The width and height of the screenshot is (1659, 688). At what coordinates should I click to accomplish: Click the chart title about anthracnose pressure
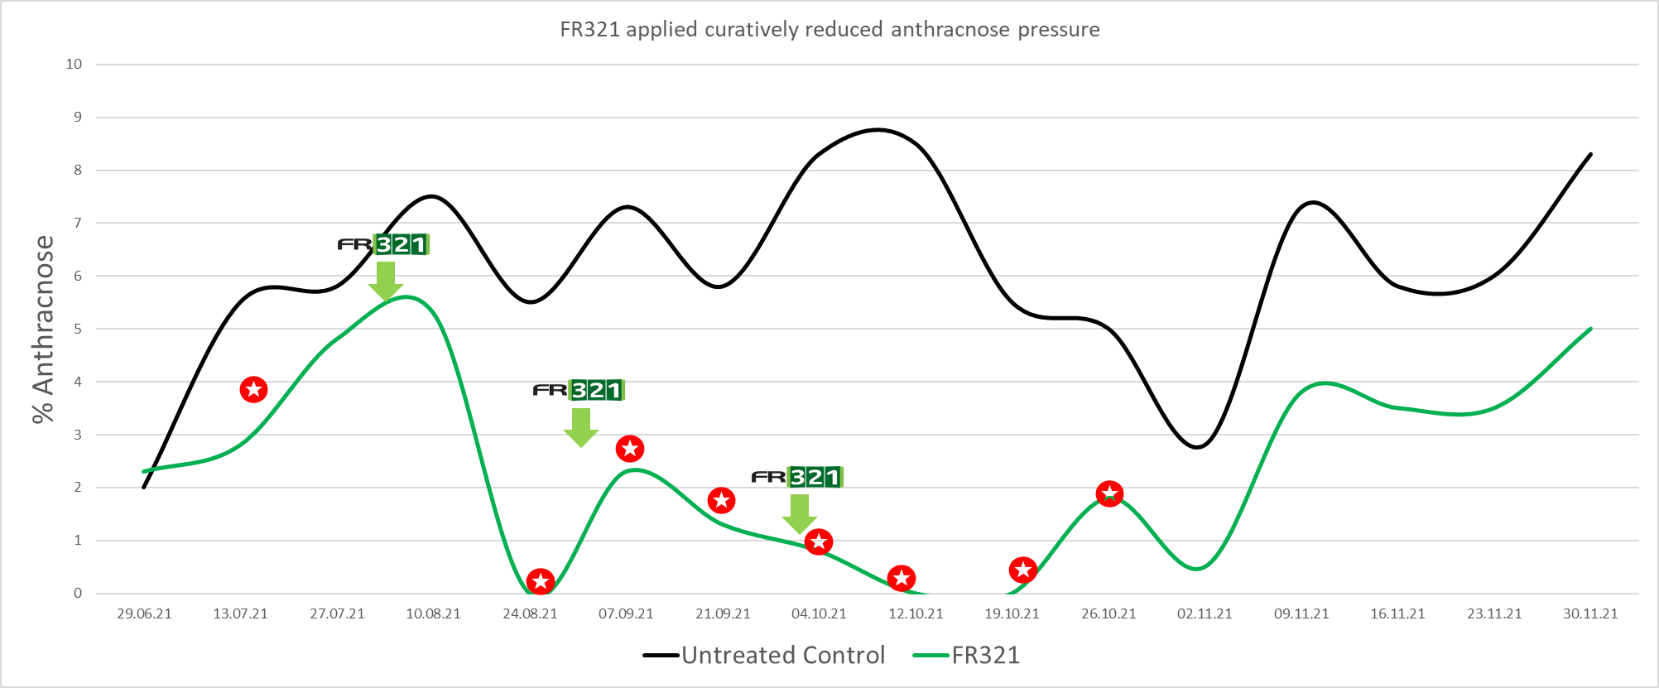coord(829,30)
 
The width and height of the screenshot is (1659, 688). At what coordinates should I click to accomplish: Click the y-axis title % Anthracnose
coord(43,329)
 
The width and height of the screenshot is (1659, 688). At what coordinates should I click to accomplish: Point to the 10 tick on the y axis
coord(75,65)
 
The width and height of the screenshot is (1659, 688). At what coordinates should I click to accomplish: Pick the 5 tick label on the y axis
coord(78,329)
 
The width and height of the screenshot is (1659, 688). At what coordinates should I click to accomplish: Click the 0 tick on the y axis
coord(78,593)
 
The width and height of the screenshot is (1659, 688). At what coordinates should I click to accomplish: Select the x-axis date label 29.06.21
coord(144,613)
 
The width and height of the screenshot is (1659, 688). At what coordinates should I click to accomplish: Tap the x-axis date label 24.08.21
coord(530,613)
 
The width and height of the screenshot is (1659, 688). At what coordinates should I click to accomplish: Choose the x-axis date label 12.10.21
coord(916,613)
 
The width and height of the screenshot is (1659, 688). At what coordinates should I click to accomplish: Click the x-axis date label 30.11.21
coord(1590,613)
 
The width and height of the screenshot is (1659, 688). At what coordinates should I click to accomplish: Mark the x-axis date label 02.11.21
coord(1205,613)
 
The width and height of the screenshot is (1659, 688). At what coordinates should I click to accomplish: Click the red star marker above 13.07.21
coord(253,389)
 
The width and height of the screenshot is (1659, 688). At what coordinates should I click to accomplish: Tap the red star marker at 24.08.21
coord(541,582)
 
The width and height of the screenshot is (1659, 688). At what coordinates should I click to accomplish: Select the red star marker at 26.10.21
coord(1109,494)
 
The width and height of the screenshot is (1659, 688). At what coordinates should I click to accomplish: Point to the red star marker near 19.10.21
coord(1023,570)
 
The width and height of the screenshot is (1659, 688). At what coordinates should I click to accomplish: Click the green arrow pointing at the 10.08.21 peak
coord(385,281)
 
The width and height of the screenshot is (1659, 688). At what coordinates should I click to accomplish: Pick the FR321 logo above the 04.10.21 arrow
coord(796,477)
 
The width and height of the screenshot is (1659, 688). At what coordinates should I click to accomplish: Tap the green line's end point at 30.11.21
coord(1590,330)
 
